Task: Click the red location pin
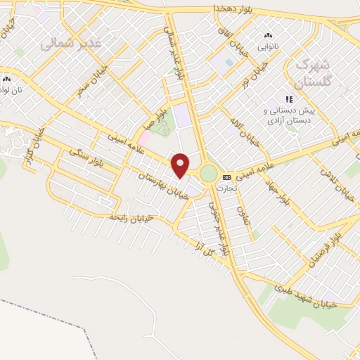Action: (x=181, y=165)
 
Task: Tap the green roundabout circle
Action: (x=209, y=173)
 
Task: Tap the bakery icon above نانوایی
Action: (x=268, y=35)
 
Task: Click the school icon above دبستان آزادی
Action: (x=288, y=100)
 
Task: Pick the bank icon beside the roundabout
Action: (x=226, y=177)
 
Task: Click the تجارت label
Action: (x=227, y=188)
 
